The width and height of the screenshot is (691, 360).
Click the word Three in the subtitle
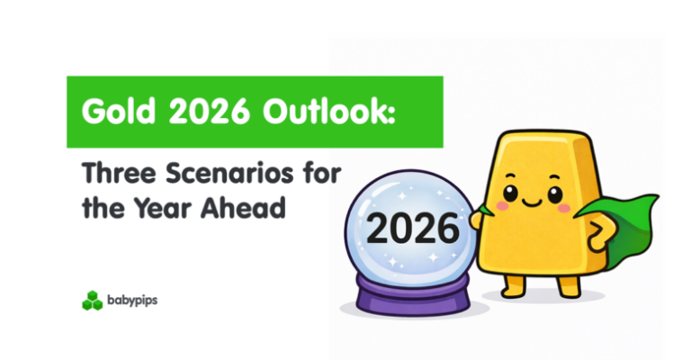(112, 172)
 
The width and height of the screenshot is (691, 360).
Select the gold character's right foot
(566, 286)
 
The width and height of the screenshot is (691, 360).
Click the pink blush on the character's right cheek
(564, 206)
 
